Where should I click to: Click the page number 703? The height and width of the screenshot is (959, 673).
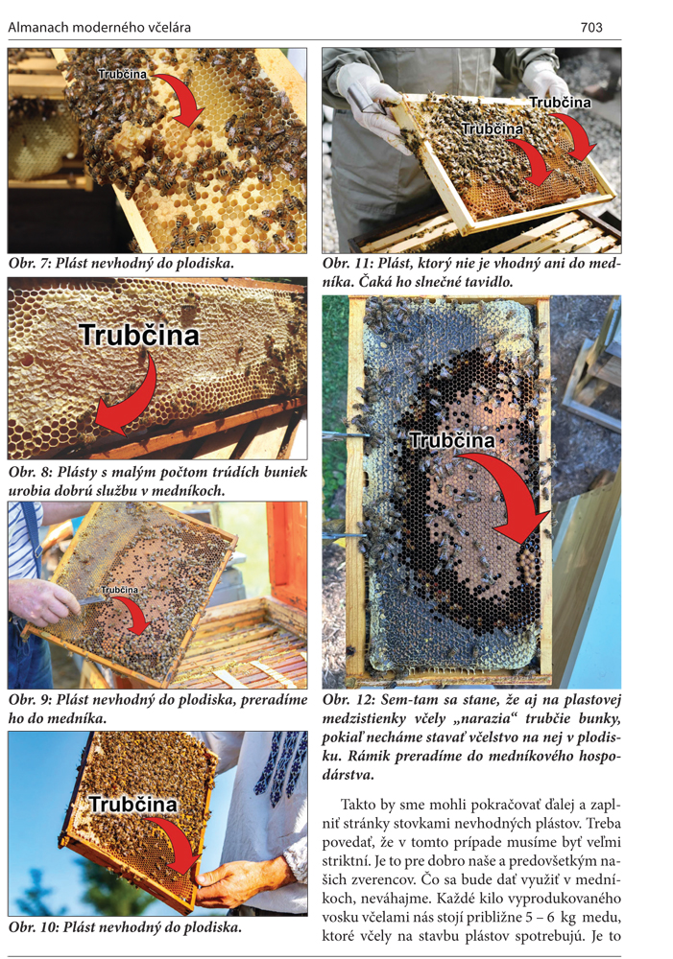591,28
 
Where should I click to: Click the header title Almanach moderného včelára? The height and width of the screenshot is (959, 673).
99,28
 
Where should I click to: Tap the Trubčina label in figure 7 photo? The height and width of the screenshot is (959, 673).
123,74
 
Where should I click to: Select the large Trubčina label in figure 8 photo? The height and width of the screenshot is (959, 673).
139,335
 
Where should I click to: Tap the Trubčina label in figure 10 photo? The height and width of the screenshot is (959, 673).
132,804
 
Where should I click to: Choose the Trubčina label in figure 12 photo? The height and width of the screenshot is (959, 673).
452,440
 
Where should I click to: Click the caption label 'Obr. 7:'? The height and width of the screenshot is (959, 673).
30,264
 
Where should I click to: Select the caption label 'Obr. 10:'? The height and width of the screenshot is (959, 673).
34,927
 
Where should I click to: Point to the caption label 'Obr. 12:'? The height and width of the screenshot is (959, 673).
348,700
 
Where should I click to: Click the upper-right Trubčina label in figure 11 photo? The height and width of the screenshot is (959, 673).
560,103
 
